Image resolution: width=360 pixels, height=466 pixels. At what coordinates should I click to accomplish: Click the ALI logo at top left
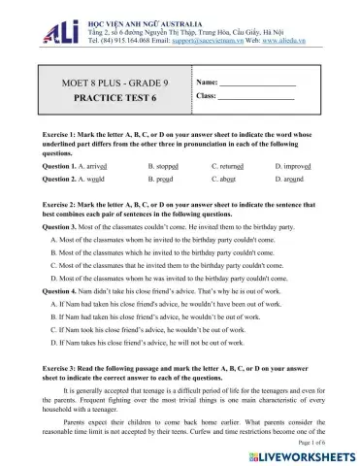click(37, 18)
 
